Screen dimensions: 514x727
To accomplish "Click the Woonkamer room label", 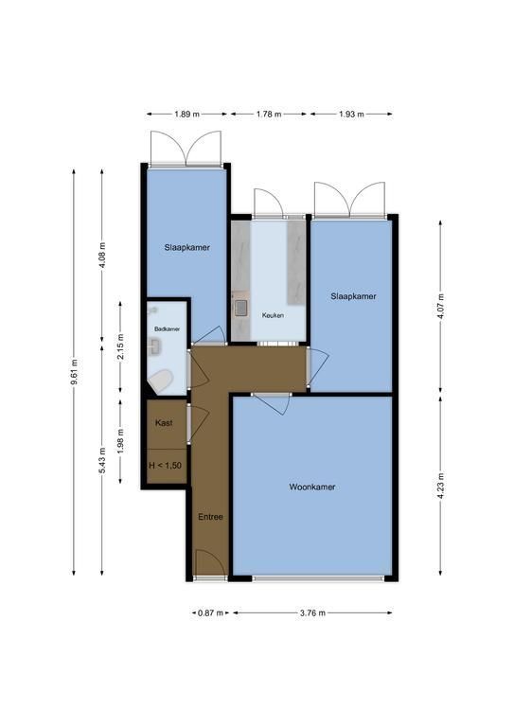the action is click(x=312, y=487).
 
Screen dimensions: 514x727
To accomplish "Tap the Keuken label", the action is click(x=273, y=315).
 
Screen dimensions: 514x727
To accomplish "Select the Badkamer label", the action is click(x=167, y=328).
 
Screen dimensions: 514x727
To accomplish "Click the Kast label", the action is click(x=164, y=422).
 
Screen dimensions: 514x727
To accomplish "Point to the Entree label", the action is click(x=210, y=517).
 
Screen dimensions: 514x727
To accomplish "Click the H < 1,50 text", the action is click(x=166, y=466).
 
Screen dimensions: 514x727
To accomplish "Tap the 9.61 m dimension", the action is click(x=74, y=372).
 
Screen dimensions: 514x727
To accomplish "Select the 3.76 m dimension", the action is click(x=312, y=613).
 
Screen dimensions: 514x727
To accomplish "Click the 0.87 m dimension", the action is click(x=211, y=613).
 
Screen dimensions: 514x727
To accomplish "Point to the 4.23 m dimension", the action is click(x=440, y=485).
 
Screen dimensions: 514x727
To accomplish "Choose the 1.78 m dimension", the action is click(x=269, y=114).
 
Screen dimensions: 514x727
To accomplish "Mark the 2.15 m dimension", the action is click(x=120, y=346).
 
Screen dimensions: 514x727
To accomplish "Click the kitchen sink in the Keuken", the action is click(x=241, y=308).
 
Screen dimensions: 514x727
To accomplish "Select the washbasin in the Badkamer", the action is click(x=155, y=346).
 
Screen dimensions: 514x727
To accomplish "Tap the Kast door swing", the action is click(x=198, y=423).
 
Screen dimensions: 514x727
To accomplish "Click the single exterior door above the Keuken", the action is click(x=268, y=203).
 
